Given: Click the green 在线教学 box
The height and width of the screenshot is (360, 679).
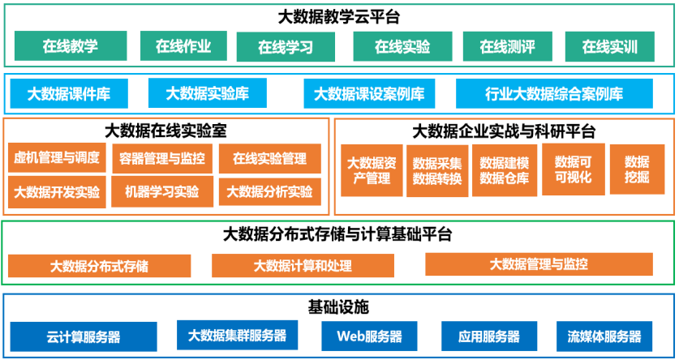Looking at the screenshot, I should click(x=71, y=46).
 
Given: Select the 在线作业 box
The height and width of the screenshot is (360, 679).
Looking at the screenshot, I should click(x=183, y=46).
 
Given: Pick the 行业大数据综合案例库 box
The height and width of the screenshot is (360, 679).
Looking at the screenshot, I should click(x=554, y=93).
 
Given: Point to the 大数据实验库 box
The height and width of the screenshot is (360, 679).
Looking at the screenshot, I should click(x=207, y=93).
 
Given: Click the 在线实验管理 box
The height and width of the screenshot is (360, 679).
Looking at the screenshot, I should click(x=269, y=158).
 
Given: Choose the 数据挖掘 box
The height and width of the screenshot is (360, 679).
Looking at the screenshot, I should click(x=637, y=169).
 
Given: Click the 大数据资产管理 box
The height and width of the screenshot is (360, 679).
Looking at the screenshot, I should click(x=371, y=170).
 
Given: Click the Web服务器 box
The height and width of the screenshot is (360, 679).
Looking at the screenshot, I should click(x=368, y=336).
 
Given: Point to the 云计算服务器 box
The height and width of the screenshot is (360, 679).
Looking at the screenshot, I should click(x=84, y=336).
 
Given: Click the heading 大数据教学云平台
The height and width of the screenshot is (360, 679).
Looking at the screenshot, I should click(x=339, y=15).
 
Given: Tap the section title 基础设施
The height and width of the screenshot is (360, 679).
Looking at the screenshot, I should click(x=338, y=308).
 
